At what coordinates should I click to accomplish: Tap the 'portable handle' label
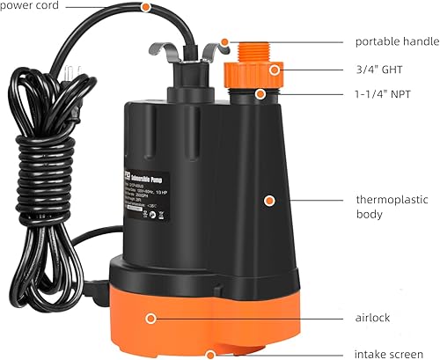pos(395,41)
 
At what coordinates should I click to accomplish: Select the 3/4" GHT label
pos(376,68)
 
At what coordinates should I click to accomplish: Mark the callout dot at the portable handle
pos(226,41)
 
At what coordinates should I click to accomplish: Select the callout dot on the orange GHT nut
pos(275,68)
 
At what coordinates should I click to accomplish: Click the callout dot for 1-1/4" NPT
pos(261,93)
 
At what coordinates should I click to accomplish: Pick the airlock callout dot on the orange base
pos(151,317)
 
